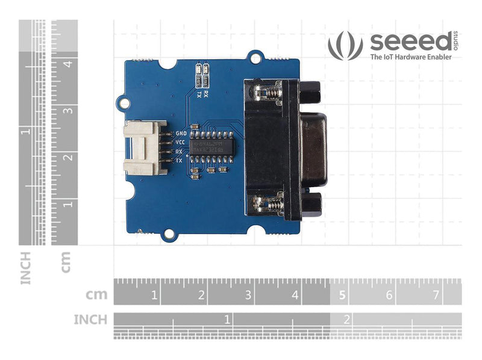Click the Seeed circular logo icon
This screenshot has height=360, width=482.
tap(345, 46)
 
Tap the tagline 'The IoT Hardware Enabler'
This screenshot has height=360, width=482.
tap(410, 57)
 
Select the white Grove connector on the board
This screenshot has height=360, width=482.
tap(145, 148)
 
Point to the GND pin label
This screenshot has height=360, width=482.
tap(180, 133)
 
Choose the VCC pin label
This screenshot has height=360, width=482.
tap(180, 142)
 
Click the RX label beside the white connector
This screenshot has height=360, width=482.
tap(179, 152)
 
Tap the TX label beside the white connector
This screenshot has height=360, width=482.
tap(179, 161)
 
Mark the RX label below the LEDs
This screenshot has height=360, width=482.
tap(206, 86)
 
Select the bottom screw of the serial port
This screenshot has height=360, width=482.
tap(270, 205)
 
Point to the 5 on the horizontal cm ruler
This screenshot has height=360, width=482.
tap(342, 295)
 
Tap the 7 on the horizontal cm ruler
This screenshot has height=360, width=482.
tap(436, 295)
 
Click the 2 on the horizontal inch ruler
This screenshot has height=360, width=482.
tap(346, 319)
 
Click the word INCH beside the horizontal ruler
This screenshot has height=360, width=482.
tap(90, 319)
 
